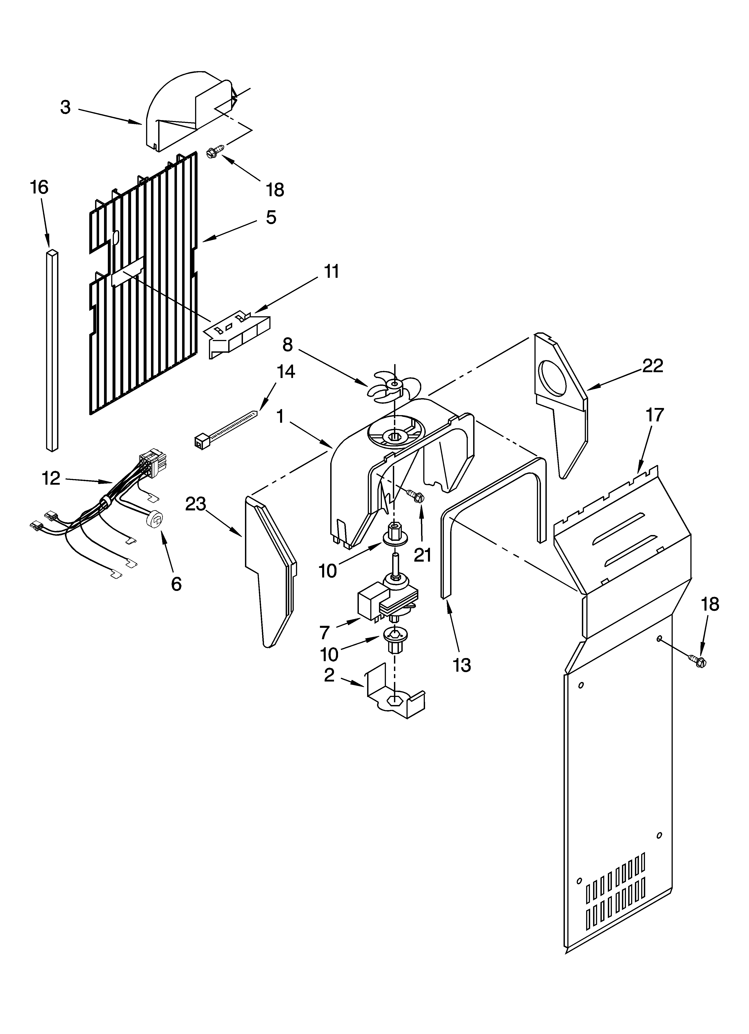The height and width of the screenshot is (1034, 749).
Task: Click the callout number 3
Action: coord(66,108)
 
